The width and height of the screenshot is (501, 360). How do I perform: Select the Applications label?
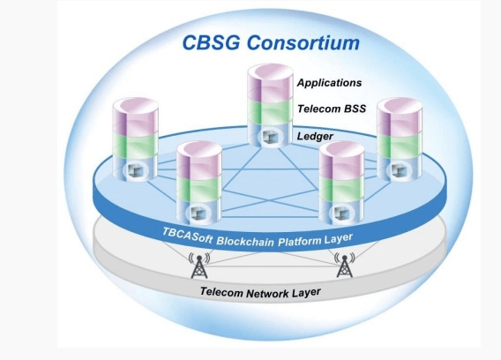[x=329, y=83]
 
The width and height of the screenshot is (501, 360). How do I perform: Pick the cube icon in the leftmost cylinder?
[x=136, y=168]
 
